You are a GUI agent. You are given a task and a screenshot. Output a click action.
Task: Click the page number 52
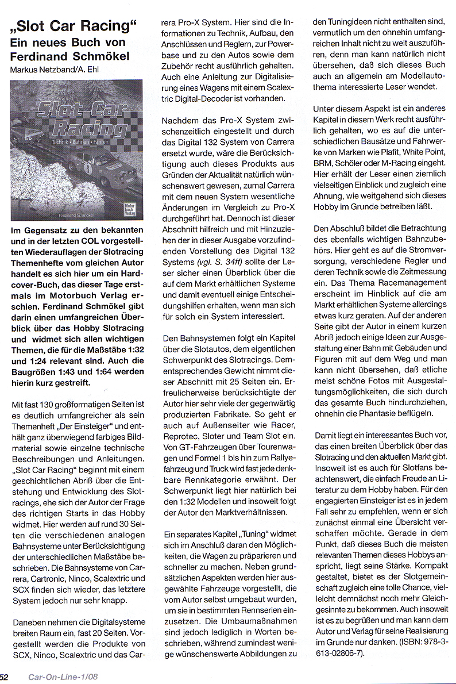coord(4,677)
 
